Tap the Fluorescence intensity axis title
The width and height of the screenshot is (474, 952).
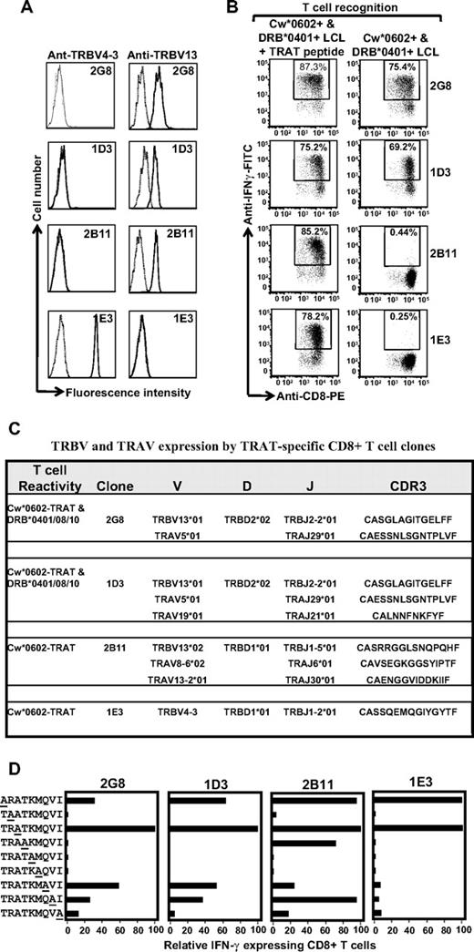point(133,393)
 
